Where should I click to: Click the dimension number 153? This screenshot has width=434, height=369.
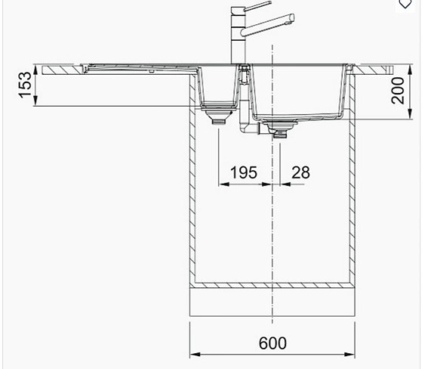(25, 85)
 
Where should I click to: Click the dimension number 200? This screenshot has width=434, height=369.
(398, 91)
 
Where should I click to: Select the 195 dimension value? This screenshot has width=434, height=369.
(244, 172)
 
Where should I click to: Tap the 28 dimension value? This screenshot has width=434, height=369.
(300, 172)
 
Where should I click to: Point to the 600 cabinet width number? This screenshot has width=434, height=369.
(272, 343)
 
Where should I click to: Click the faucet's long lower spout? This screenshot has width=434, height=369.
(267, 25)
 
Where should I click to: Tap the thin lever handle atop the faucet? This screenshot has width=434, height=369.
(257, 6)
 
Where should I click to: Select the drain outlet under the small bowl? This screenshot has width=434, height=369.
(219, 117)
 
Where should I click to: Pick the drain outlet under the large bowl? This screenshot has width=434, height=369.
(280, 130)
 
